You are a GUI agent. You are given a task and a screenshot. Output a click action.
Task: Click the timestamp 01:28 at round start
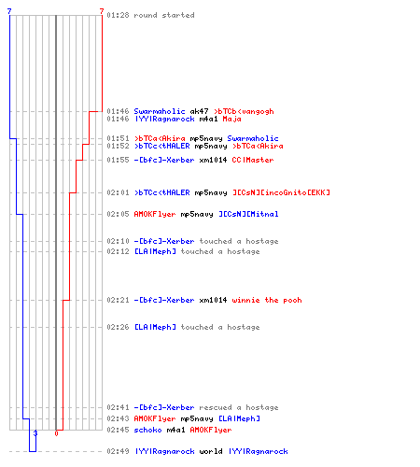coord(118,15)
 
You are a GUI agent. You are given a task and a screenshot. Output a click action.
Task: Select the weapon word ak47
coord(199,111)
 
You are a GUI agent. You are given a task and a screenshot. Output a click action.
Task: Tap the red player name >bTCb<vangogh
coord(244,111)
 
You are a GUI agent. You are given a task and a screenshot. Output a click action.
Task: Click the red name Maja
coord(231,119)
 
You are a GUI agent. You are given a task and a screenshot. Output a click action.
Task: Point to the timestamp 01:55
coord(118,160)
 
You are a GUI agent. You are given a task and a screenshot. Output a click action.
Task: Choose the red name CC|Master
coord(253,160)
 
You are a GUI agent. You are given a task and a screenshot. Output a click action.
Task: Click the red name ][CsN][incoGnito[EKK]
coord(281,192)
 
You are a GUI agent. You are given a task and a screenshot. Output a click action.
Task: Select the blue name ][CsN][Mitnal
coord(248,214)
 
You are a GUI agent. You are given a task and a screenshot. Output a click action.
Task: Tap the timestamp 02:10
coord(118,241)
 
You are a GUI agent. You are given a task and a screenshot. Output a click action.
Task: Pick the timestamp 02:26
coord(118,327)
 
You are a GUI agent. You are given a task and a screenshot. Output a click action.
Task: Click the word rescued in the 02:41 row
coord(216,407)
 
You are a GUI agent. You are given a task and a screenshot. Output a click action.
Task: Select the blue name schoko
coord(147,430)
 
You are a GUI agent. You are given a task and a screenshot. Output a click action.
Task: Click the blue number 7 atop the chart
coord(9,11)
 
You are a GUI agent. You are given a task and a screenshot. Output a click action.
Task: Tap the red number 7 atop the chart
coord(102,11)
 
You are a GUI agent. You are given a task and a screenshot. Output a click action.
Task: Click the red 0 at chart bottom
coord(56,433)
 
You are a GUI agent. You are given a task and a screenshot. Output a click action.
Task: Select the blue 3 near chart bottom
coord(35,433)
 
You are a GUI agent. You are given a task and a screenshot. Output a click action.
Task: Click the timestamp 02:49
coord(118,451)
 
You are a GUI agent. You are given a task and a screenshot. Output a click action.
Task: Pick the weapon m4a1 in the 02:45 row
coord(175,430)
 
